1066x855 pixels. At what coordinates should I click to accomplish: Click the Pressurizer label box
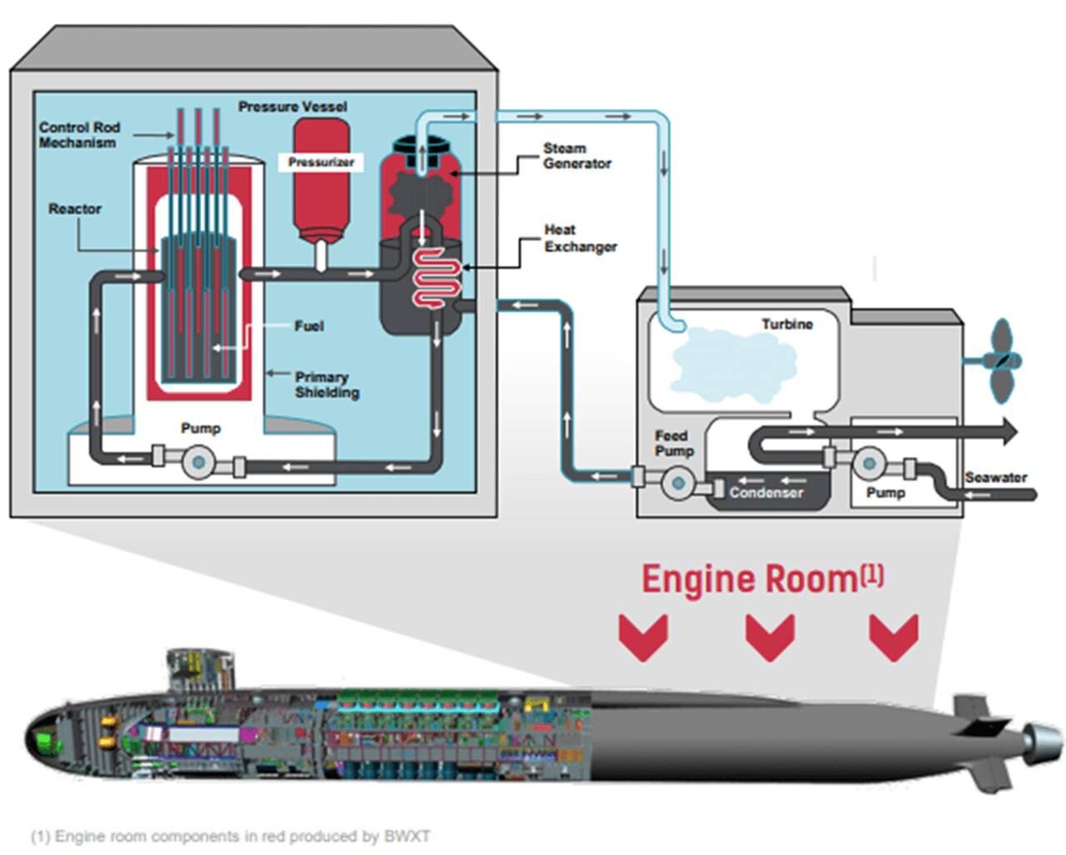coord(321,162)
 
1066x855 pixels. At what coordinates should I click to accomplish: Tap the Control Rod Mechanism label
coord(79,135)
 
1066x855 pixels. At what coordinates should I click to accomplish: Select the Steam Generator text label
coord(577,156)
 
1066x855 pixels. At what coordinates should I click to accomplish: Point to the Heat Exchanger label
coord(580,238)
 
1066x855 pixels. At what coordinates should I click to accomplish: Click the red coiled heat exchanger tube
coord(436,278)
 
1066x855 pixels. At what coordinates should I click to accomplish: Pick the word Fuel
coord(309,326)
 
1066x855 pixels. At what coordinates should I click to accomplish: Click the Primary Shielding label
coord(326,384)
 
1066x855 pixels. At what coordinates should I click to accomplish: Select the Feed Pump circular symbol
coord(676,482)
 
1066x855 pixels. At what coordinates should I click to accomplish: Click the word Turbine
coord(786,324)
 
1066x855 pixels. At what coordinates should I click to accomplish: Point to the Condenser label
coord(766,492)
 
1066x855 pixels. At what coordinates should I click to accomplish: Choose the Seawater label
coord(995,477)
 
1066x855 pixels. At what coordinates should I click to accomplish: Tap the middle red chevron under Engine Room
coord(769,637)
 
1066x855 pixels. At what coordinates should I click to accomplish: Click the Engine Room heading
coord(761,578)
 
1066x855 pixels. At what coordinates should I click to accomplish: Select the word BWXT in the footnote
coord(406,836)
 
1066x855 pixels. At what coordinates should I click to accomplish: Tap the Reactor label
coord(75,208)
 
